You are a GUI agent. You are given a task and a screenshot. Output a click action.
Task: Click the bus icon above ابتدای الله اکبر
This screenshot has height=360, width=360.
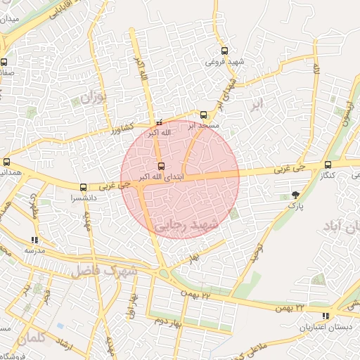pyautogui.click(x=162, y=167)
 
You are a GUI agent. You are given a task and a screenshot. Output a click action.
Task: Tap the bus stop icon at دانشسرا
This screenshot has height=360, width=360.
pyautogui.click(x=84, y=188)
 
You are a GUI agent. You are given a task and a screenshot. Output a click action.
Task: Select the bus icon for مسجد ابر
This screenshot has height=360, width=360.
pyautogui.click(x=204, y=115)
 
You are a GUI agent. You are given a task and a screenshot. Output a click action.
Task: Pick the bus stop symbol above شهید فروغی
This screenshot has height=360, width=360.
pyautogui.click(x=224, y=51)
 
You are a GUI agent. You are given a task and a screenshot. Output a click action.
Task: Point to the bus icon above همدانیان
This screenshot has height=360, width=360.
pyautogui.click(x=6, y=162)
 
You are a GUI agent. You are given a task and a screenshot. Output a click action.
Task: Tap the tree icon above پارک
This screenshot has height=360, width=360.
pyautogui.click(x=295, y=195)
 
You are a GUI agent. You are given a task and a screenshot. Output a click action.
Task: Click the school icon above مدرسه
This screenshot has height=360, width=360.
pyautogui.click(x=34, y=240)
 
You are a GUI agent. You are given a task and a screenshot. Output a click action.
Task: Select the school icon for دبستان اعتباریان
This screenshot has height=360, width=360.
pyautogui.click(x=325, y=316)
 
